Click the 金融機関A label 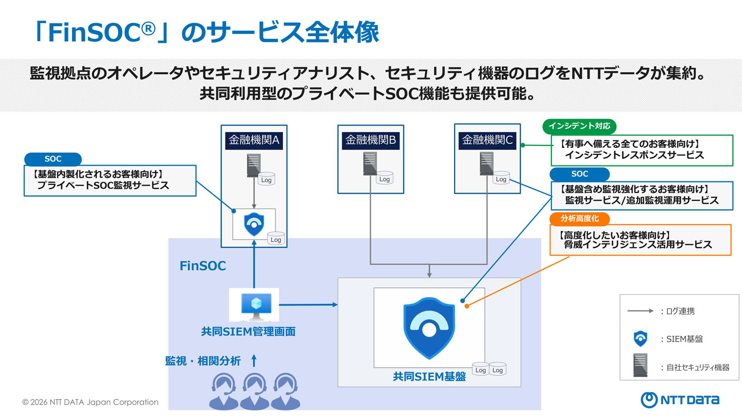[254, 140]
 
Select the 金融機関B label [371, 140]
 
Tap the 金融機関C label [487, 140]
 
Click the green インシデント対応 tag [579, 126]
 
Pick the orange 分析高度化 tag [579, 219]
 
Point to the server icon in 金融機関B [370, 164]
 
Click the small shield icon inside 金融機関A [254, 224]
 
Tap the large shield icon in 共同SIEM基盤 [429, 328]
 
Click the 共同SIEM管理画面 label [248, 331]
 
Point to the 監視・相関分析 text [203, 361]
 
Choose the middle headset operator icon [255, 392]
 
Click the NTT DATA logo [680, 400]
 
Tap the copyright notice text [90, 402]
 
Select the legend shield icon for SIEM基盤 [640, 339]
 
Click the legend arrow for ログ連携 [640, 311]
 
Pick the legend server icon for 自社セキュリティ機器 [640, 365]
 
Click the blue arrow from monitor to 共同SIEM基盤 [308, 304]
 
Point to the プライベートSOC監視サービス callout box [110, 181]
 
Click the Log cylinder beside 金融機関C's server [501, 178]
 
